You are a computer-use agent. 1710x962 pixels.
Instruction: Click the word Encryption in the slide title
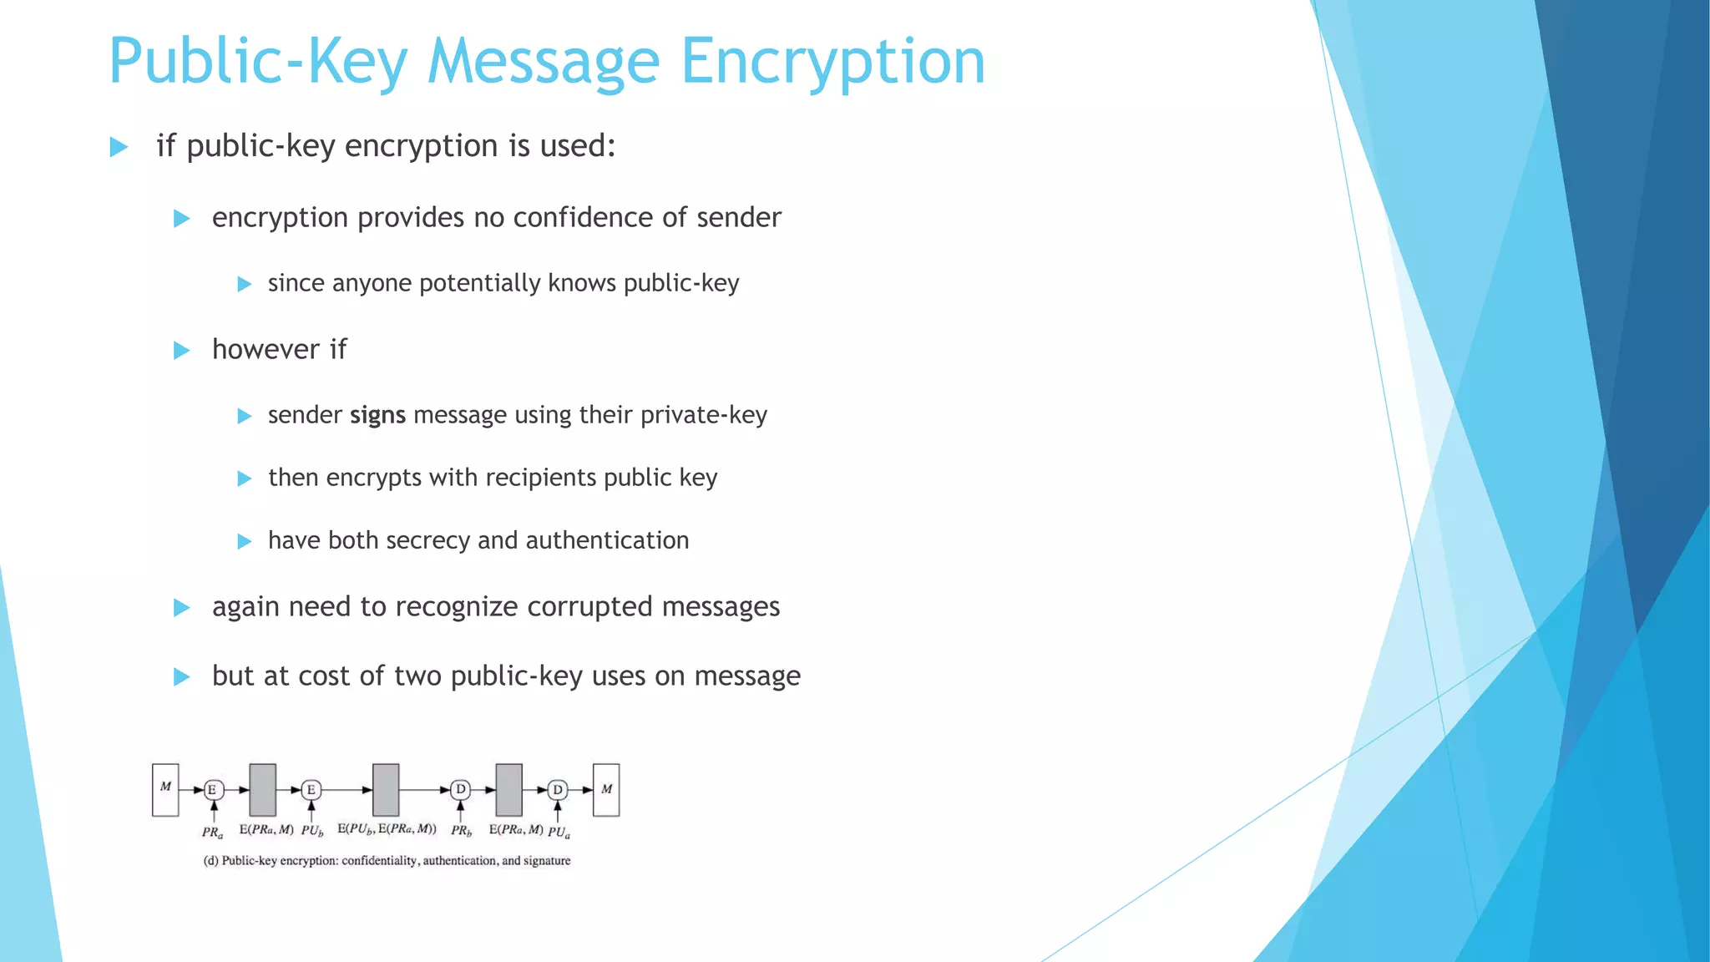pyautogui.click(x=832, y=62)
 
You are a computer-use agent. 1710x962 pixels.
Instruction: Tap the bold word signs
pyautogui.click(x=377, y=415)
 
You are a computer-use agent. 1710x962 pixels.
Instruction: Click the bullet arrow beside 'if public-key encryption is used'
pyautogui.click(x=119, y=148)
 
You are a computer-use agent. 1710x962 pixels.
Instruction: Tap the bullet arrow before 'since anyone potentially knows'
pyautogui.click(x=245, y=284)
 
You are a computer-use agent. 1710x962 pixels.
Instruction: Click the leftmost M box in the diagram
pyautogui.click(x=165, y=789)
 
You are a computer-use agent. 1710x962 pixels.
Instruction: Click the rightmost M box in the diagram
pyautogui.click(x=606, y=789)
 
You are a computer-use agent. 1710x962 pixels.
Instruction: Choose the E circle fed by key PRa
pyautogui.click(x=214, y=789)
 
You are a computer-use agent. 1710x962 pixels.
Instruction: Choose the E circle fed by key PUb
pyautogui.click(x=311, y=789)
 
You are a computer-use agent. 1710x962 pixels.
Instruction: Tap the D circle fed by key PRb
pyautogui.click(x=460, y=789)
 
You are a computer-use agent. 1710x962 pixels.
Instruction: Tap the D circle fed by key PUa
pyautogui.click(x=558, y=789)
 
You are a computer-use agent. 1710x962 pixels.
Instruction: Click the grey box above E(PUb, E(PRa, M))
pyautogui.click(x=386, y=789)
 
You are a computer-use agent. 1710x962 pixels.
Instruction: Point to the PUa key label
pyautogui.click(x=559, y=833)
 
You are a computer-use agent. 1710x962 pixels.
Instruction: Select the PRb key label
pyautogui.click(x=461, y=831)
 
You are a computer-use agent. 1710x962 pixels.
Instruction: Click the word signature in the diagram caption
pyautogui.click(x=547, y=861)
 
